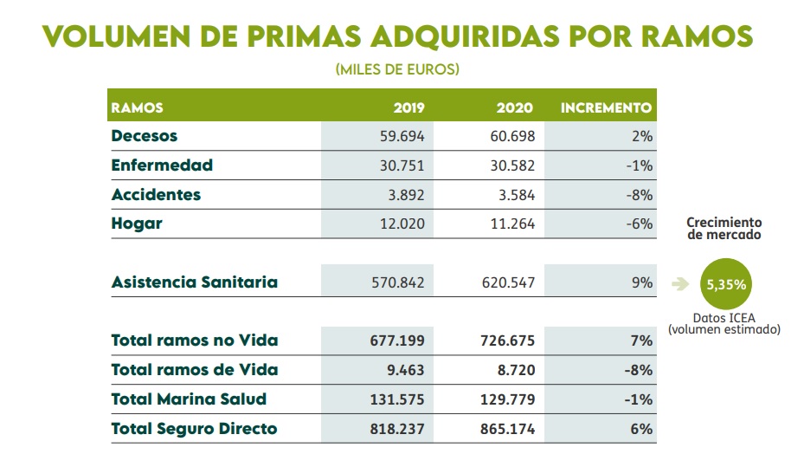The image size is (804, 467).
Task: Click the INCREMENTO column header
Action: [606, 108]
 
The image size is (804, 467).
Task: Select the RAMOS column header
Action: [138, 108]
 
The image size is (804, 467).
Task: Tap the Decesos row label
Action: [145, 136]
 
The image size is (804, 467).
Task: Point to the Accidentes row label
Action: [156, 194]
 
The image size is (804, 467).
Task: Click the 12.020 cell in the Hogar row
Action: [405, 224]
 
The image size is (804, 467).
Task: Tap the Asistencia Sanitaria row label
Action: [195, 282]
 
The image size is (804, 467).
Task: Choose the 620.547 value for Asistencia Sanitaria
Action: [504, 282]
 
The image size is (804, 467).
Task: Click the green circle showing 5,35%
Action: [725, 283]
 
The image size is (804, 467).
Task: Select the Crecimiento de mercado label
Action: [724, 229]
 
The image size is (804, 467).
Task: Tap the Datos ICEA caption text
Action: [724, 323]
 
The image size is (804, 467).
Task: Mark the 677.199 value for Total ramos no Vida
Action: [401, 341]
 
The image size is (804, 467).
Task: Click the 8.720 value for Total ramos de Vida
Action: [514, 370]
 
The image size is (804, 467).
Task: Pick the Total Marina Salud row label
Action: [189, 399]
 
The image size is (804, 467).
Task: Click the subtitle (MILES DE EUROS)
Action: [397, 69]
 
